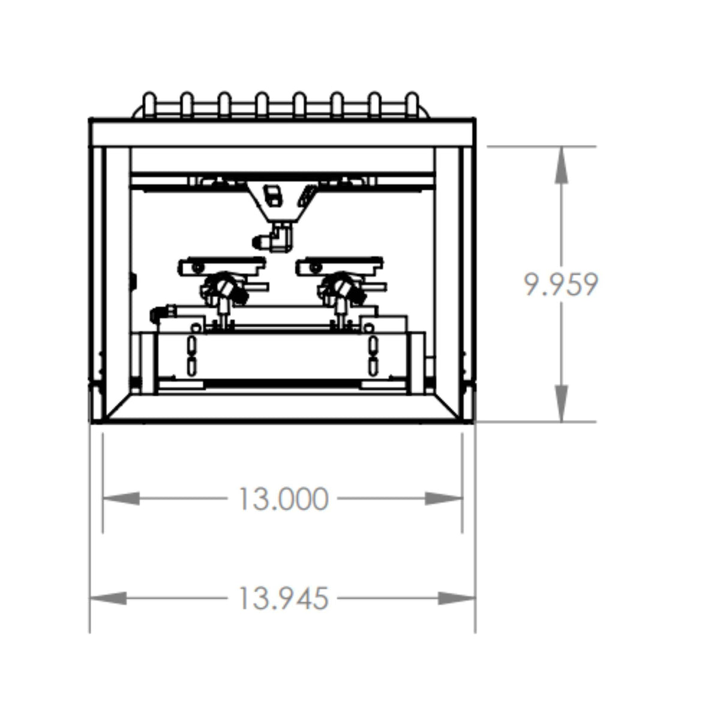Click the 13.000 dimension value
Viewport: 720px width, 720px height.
pos(284,499)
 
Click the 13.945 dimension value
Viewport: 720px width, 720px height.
pos(284,598)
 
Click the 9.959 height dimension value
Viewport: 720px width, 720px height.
pos(560,285)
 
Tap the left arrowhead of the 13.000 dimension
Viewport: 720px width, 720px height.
pos(121,499)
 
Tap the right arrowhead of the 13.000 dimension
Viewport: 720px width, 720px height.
pos(443,499)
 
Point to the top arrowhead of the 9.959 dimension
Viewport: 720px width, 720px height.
pos(561,165)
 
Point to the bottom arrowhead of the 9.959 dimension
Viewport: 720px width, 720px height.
pos(561,404)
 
